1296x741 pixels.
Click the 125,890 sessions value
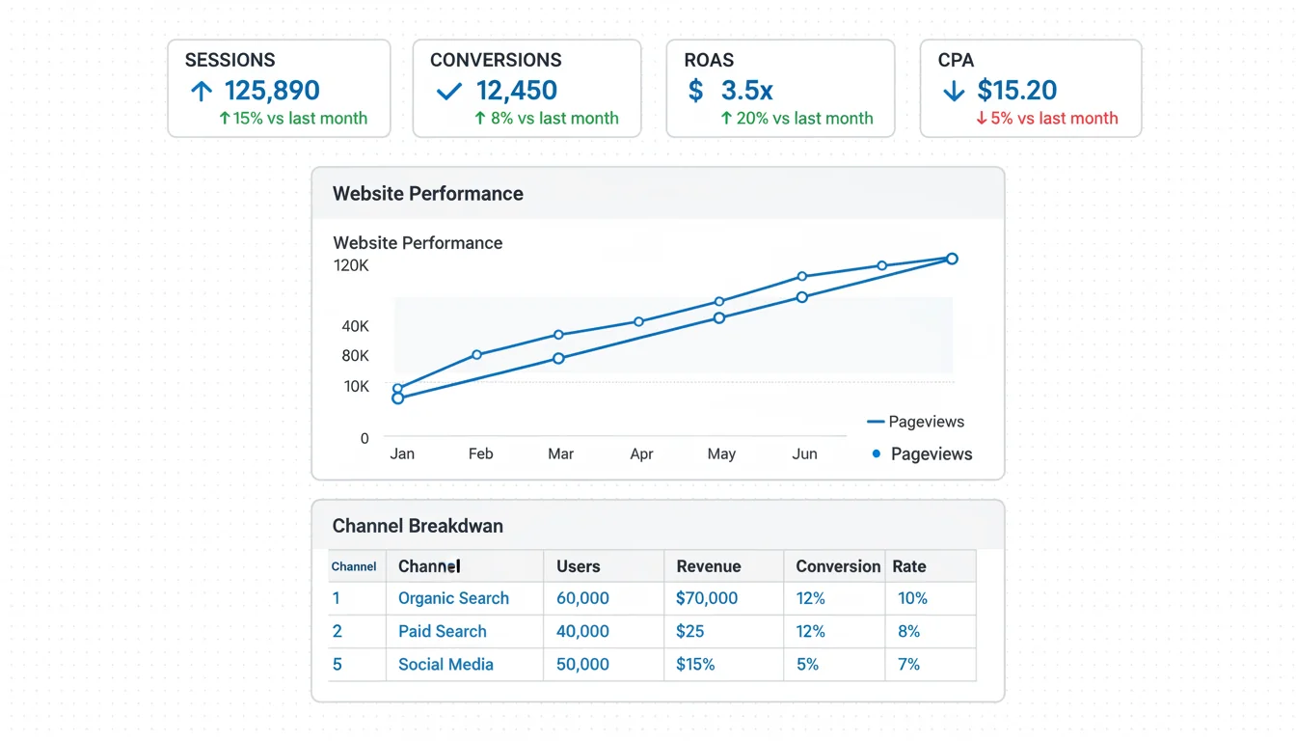click(x=272, y=91)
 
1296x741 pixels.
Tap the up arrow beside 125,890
click(x=201, y=92)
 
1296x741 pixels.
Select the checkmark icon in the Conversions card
click(x=448, y=92)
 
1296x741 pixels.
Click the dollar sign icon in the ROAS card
click(x=695, y=91)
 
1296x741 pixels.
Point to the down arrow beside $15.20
click(x=953, y=92)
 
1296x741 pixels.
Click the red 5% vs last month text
click(x=1047, y=119)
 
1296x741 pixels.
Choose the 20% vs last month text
click(x=796, y=119)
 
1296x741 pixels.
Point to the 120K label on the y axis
click(x=351, y=265)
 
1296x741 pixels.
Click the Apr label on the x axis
click(x=641, y=453)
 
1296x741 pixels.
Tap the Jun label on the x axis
click(x=804, y=453)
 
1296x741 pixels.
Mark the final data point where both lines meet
click(x=952, y=259)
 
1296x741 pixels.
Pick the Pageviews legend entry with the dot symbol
click(x=922, y=453)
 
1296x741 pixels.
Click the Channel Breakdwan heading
click(x=418, y=526)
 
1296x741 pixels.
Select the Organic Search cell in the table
click(x=453, y=598)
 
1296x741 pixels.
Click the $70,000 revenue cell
click(x=707, y=598)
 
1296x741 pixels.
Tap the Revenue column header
click(x=709, y=566)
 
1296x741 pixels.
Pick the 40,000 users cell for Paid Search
click(x=582, y=631)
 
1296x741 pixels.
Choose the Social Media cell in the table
click(x=445, y=664)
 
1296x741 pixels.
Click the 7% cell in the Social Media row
click(x=908, y=664)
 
